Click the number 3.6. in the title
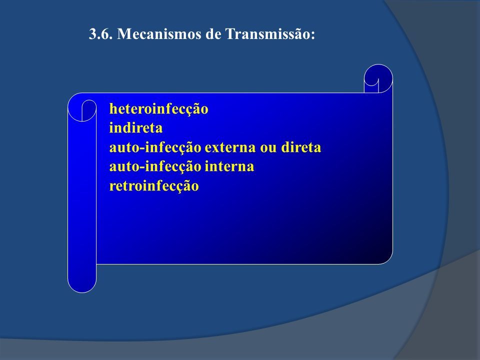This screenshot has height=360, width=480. click(100, 33)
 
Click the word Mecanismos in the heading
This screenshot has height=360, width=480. click(159, 33)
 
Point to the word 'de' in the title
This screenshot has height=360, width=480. click(213, 33)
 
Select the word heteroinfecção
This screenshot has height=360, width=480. click(158, 109)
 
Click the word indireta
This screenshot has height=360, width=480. click(135, 127)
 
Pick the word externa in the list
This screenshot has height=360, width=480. click(230, 147)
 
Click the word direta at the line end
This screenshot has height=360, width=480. click(301, 147)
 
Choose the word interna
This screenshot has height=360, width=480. click(229, 166)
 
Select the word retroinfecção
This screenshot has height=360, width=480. click(154, 186)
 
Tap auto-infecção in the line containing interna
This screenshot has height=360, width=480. click(155, 167)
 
